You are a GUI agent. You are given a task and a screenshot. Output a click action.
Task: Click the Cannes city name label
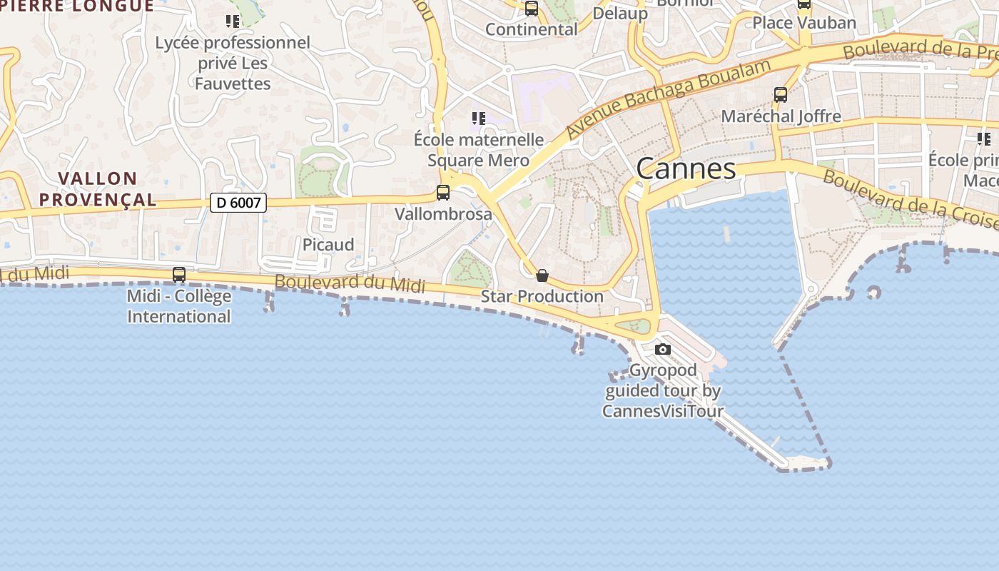686,169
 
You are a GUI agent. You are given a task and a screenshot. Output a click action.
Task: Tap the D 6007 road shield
238,203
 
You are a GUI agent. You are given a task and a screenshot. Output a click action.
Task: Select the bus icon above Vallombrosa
443,193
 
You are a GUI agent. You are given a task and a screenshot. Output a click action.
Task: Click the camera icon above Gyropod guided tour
663,349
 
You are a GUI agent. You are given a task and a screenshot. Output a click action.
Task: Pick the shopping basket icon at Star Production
542,276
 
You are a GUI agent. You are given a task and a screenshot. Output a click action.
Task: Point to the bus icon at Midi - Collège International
179,274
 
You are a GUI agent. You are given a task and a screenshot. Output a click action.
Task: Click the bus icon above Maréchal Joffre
781,94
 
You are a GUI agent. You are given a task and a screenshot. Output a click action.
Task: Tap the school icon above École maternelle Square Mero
478,118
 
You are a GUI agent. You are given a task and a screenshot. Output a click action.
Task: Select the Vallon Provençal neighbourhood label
98,188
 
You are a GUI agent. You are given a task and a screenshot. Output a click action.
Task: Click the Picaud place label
328,245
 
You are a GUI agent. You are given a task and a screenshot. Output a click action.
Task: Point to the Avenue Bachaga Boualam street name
669,98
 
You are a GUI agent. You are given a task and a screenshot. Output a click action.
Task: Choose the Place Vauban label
804,23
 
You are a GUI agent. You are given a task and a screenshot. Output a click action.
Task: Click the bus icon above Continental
532,9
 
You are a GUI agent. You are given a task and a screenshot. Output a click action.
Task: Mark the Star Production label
542,296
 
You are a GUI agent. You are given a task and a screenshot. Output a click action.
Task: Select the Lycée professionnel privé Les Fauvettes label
233,63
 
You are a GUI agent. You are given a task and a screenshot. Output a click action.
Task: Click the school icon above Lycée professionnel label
233,21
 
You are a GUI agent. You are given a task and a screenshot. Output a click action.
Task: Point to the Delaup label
620,13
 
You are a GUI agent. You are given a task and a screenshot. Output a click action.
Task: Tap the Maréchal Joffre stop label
781,116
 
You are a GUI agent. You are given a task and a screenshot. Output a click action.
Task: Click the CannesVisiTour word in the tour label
663,411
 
